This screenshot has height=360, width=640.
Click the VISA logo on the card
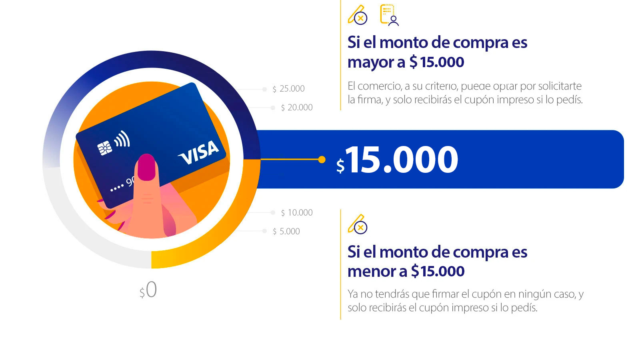point(199,152)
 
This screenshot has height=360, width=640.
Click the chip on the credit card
point(105,148)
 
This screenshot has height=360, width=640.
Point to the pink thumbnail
point(146,167)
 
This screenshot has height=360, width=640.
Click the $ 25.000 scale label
point(288,89)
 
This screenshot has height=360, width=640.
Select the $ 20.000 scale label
point(296,108)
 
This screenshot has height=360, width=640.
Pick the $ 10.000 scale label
point(296,213)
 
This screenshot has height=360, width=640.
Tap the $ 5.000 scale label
point(286,232)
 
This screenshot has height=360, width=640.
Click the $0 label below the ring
point(148,290)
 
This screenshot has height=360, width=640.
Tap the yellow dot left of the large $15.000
point(322,160)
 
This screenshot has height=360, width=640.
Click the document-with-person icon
point(389,15)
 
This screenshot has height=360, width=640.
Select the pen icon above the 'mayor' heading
point(357,15)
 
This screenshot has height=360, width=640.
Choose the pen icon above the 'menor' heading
point(357,224)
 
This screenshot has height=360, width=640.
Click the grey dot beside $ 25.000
point(264,89)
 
